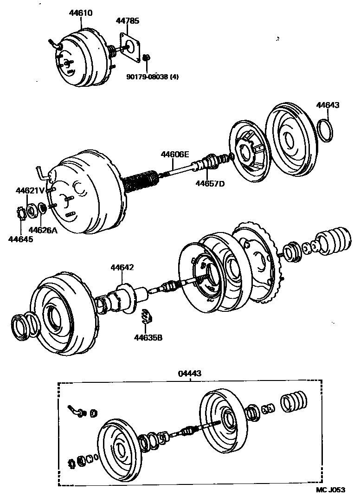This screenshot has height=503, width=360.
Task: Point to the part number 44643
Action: [x=328, y=105]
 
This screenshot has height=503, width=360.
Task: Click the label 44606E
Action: [x=175, y=155]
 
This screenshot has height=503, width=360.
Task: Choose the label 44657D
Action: [x=209, y=184]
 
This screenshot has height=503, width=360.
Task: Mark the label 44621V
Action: [x=30, y=190]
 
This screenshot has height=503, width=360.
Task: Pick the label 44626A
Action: [x=43, y=230]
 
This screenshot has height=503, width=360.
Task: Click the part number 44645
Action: [x=21, y=239]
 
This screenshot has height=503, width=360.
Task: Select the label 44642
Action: [x=122, y=267]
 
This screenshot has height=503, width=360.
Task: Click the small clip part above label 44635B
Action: [x=147, y=316]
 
